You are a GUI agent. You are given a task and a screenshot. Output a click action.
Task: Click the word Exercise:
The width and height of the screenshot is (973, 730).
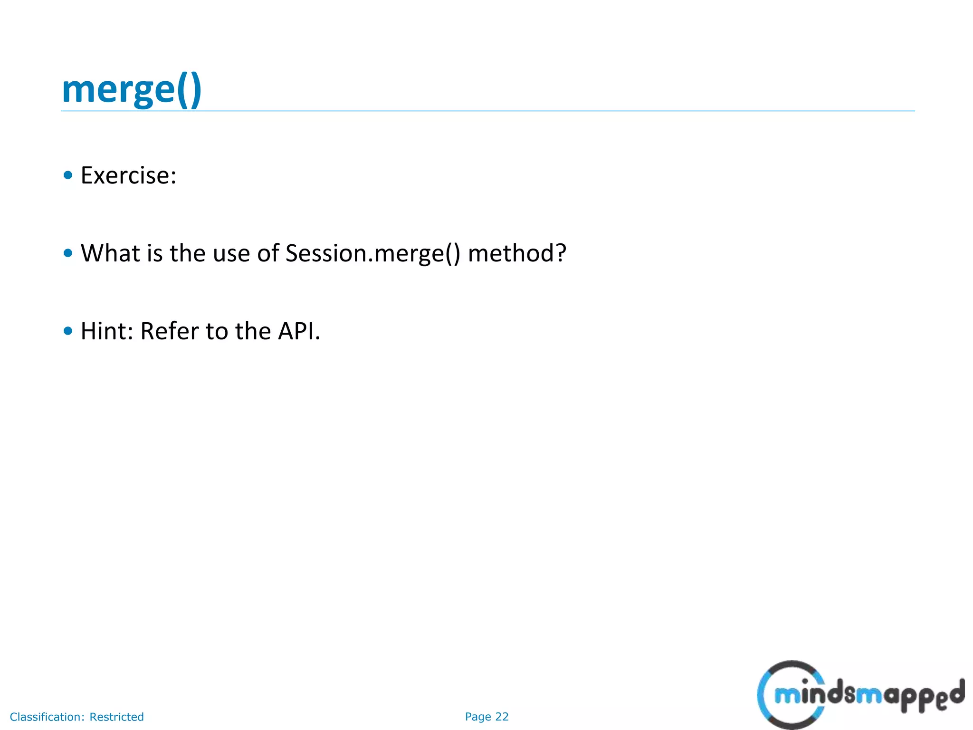128,175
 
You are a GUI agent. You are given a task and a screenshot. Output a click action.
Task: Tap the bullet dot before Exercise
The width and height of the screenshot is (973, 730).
68,175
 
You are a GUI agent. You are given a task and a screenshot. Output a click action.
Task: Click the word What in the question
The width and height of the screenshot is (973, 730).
110,253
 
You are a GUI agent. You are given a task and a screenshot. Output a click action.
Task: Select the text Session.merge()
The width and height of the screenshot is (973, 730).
372,253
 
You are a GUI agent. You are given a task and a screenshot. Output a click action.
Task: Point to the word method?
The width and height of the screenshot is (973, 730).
517,253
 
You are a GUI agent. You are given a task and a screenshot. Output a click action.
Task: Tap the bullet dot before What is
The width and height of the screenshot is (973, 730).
68,253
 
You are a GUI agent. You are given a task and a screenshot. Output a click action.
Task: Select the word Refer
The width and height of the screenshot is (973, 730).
169,331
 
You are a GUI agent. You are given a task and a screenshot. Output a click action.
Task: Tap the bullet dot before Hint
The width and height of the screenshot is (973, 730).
68,331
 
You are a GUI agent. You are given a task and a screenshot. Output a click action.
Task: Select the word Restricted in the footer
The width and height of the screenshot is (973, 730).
116,717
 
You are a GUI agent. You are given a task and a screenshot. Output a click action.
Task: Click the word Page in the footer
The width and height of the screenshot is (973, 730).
478,717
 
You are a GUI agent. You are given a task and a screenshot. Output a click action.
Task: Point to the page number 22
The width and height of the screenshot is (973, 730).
502,717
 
